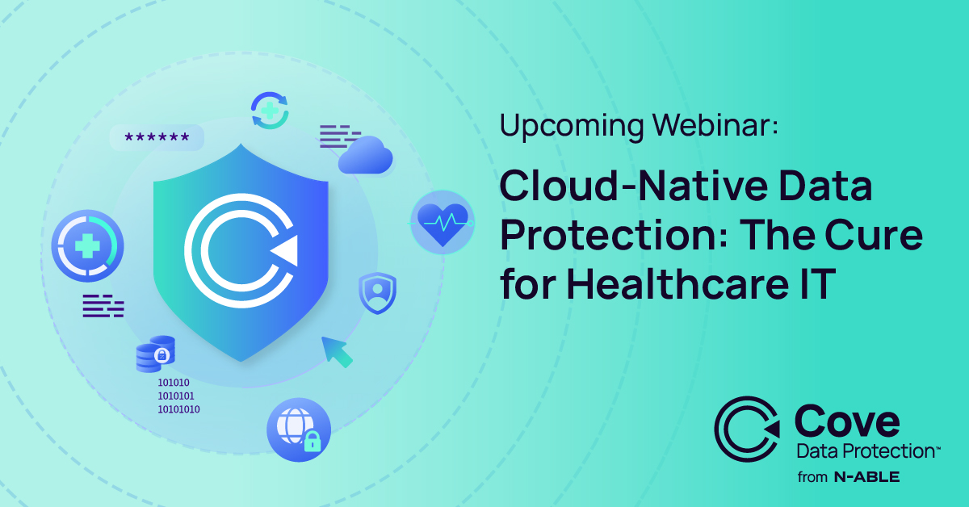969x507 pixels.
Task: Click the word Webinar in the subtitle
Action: (x=715, y=125)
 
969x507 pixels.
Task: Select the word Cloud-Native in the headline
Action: (x=634, y=186)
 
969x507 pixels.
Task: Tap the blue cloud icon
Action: (x=366, y=155)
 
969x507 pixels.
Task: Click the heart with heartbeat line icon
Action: (x=443, y=222)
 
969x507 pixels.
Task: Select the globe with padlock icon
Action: (x=299, y=430)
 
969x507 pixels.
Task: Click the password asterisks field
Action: (x=157, y=137)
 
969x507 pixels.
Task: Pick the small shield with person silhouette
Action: (x=378, y=293)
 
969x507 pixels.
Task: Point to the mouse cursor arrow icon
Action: (x=337, y=352)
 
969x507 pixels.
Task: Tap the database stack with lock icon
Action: (x=156, y=354)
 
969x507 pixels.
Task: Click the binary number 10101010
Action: (x=178, y=409)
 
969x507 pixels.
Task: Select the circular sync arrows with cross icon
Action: (x=270, y=111)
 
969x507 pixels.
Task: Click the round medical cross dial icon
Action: (x=87, y=245)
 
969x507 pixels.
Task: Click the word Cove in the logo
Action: (x=847, y=421)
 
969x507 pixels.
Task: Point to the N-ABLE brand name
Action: (x=867, y=476)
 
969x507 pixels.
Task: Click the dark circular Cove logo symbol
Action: (x=747, y=429)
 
